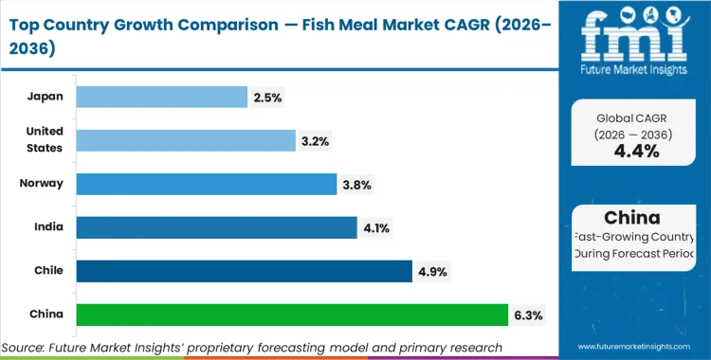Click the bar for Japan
161,97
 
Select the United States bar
186,140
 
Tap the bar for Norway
207,184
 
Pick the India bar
217,227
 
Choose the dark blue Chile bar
244,271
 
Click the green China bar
292,315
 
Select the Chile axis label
48,271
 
